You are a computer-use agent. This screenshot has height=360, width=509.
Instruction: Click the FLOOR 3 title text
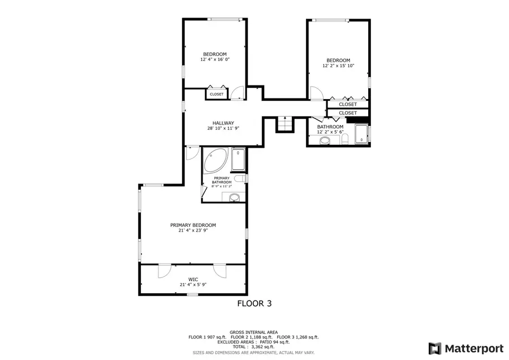(x=254, y=303)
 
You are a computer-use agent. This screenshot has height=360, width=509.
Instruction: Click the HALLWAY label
(x=223, y=123)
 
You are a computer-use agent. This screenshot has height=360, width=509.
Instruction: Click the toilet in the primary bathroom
(x=240, y=179)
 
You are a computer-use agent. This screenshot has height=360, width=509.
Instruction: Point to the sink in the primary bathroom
(x=235, y=197)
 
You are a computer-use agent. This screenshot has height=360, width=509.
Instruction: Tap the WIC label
(x=193, y=279)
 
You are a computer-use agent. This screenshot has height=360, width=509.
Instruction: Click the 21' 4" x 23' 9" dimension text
(x=193, y=230)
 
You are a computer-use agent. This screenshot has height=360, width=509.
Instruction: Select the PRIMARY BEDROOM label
(x=193, y=225)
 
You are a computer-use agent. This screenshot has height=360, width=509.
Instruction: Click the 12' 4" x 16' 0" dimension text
(x=215, y=59)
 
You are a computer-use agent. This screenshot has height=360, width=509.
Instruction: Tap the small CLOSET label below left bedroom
(x=217, y=94)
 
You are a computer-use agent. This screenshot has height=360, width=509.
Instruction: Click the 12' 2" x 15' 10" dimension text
(x=338, y=66)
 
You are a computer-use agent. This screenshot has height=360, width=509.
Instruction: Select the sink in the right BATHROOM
(x=325, y=141)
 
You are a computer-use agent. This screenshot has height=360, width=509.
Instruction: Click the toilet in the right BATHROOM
(x=344, y=139)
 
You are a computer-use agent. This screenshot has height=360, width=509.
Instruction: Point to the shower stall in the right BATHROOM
(x=361, y=135)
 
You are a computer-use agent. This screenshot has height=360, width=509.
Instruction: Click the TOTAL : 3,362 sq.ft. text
(x=253, y=346)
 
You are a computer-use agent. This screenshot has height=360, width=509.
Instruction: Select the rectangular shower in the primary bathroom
(x=238, y=160)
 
